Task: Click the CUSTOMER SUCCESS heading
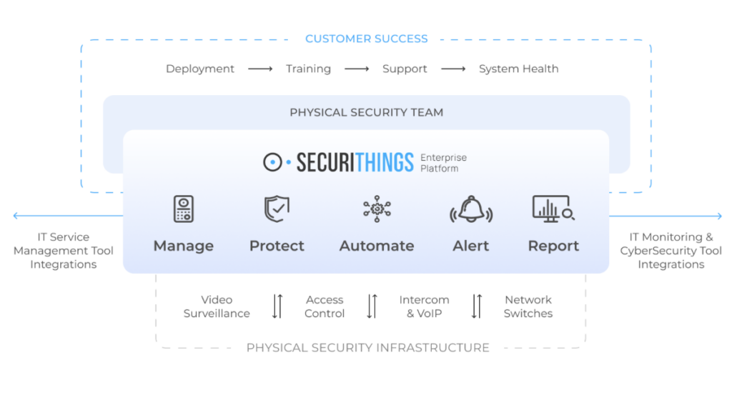tap(366, 39)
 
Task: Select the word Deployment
tap(200, 69)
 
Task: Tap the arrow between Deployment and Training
tap(260, 69)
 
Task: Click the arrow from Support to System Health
tap(453, 69)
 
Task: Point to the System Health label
tap(518, 69)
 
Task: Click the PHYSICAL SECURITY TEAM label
tap(366, 112)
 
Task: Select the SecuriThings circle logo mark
tap(272, 163)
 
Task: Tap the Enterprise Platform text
tap(443, 163)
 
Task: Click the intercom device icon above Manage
tap(184, 209)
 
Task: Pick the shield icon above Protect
tap(277, 209)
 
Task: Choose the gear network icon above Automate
tap(377, 209)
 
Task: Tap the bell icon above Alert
tap(471, 209)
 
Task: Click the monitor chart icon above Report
tap(553, 209)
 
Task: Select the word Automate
tap(377, 246)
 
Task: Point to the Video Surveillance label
tap(217, 306)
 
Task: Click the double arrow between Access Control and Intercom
tap(372, 306)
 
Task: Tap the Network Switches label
tap(528, 306)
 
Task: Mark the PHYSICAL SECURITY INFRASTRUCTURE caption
tap(367, 348)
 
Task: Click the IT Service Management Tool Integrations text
tap(63, 251)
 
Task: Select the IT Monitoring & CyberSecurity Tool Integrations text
tap(671, 251)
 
